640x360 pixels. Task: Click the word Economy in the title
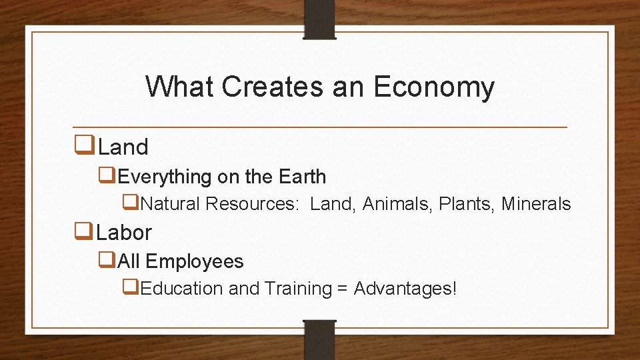click(x=434, y=87)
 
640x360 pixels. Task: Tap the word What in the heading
click(x=180, y=87)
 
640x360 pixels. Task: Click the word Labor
click(x=124, y=232)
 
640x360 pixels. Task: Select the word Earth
click(x=303, y=177)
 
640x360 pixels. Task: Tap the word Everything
click(x=165, y=177)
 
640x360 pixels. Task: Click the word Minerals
click(x=536, y=203)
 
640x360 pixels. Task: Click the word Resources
click(x=252, y=203)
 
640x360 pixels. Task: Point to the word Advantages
click(x=405, y=289)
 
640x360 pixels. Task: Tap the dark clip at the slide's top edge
click(x=320, y=19)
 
